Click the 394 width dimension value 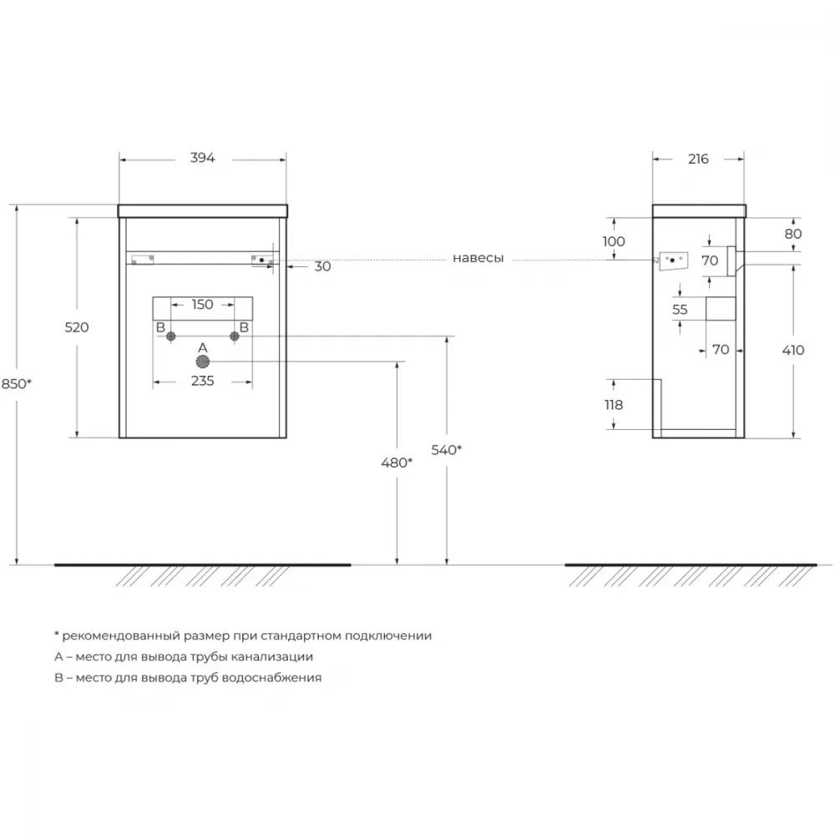point(202,158)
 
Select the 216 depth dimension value point(698,159)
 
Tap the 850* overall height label point(17,383)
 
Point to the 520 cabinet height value point(77,327)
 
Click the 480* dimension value point(397,463)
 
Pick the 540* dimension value point(446,450)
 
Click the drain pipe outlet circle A point(202,362)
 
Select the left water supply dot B point(171,336)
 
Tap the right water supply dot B point(235,336)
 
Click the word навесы point(478,258)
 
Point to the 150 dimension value point(202,304)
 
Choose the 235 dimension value point(202,381)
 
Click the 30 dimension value point(322,266)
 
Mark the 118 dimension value point(614,405)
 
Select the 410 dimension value point(793,350)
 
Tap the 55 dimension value point(680,310)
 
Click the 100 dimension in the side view point(614,241)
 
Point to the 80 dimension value point(793,234)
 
